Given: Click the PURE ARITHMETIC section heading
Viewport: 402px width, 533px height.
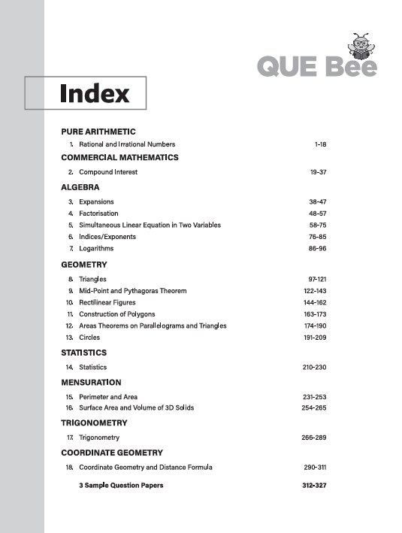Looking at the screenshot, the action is click(x=98, y=132).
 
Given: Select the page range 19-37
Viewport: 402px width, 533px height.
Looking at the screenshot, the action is click(x=318, y=172).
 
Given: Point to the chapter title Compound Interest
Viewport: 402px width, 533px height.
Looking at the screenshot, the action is click(x=108, y=172).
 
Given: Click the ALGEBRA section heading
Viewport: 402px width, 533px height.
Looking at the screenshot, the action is click(x=80, y=187).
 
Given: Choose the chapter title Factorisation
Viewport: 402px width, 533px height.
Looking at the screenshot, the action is click(x=100, y=214).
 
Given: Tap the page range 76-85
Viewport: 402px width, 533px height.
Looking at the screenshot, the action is click(x=318, y=236).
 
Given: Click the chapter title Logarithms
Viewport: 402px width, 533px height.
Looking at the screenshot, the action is click(x=96, y=248).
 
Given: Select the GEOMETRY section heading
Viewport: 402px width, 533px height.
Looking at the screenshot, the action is click(x=84, y=265).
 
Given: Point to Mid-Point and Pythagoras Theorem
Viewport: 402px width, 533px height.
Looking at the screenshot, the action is click(x=133, y=290).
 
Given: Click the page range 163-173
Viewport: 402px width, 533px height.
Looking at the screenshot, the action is click(x=315, y=313).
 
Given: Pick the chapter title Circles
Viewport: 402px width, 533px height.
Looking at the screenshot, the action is click(x=89, y=338).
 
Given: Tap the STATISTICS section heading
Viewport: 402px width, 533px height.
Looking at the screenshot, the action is click(x=84, y=353).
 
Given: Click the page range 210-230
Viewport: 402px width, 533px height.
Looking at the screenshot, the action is click(x=314, y=367).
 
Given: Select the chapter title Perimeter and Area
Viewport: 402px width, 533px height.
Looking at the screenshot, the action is click(x=109, y=396).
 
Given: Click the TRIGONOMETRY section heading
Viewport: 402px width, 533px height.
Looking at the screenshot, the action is click(x=94, y=423).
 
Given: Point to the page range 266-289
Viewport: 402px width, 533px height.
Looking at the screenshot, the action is click(x=314, y=438).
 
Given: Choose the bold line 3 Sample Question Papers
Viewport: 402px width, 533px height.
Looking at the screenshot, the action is click(x=121, y=486).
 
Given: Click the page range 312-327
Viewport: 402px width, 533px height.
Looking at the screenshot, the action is click(x=314, y=486).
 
